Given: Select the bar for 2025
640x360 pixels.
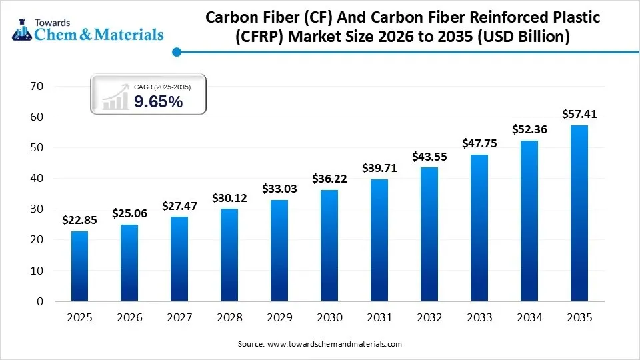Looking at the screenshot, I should point(79,266).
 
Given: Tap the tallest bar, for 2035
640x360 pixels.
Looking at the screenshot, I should point(579,213).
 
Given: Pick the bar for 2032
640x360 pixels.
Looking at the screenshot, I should point(429,234).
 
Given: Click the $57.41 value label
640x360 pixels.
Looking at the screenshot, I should point(579,114).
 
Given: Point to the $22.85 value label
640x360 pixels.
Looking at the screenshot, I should point(79,220).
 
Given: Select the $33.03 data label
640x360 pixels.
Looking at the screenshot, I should point(279,189).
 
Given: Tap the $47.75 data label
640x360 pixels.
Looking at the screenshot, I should point(479,143).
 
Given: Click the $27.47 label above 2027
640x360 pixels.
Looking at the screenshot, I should point(179,206).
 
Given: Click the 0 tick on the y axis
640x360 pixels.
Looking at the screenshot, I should point(39,301).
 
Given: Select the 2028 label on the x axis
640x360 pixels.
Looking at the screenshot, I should point(229,318).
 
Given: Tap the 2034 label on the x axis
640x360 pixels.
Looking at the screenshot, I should point(529,318).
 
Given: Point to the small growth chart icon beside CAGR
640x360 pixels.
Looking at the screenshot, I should point(115,96).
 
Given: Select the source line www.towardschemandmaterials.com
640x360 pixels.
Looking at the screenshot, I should point(320,344).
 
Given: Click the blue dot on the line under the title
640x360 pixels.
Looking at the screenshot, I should point(176,51).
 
